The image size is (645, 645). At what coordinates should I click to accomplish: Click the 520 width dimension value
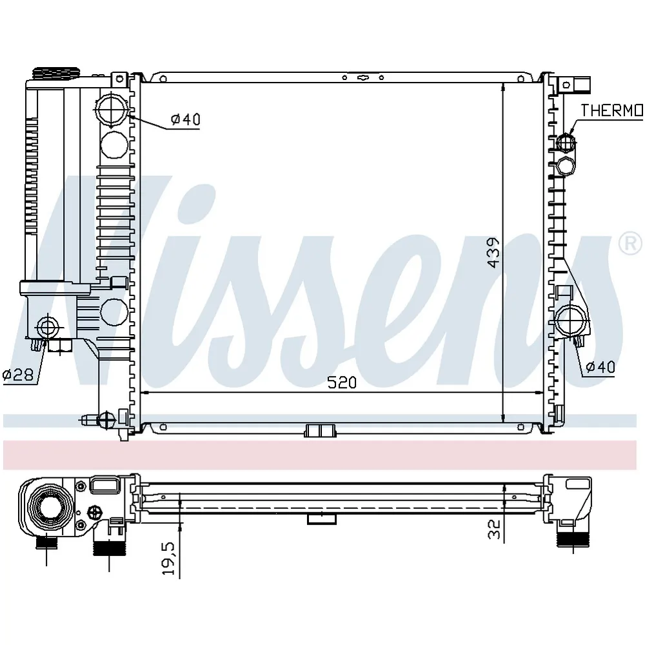342,382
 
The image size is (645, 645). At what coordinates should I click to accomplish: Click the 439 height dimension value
493,252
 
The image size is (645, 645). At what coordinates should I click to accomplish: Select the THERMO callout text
611,110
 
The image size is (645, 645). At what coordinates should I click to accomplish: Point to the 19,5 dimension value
168,559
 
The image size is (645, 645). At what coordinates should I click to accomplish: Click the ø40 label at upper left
186,119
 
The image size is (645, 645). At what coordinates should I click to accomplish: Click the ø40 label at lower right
600,366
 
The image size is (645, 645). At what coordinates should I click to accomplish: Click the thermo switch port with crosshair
566,143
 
